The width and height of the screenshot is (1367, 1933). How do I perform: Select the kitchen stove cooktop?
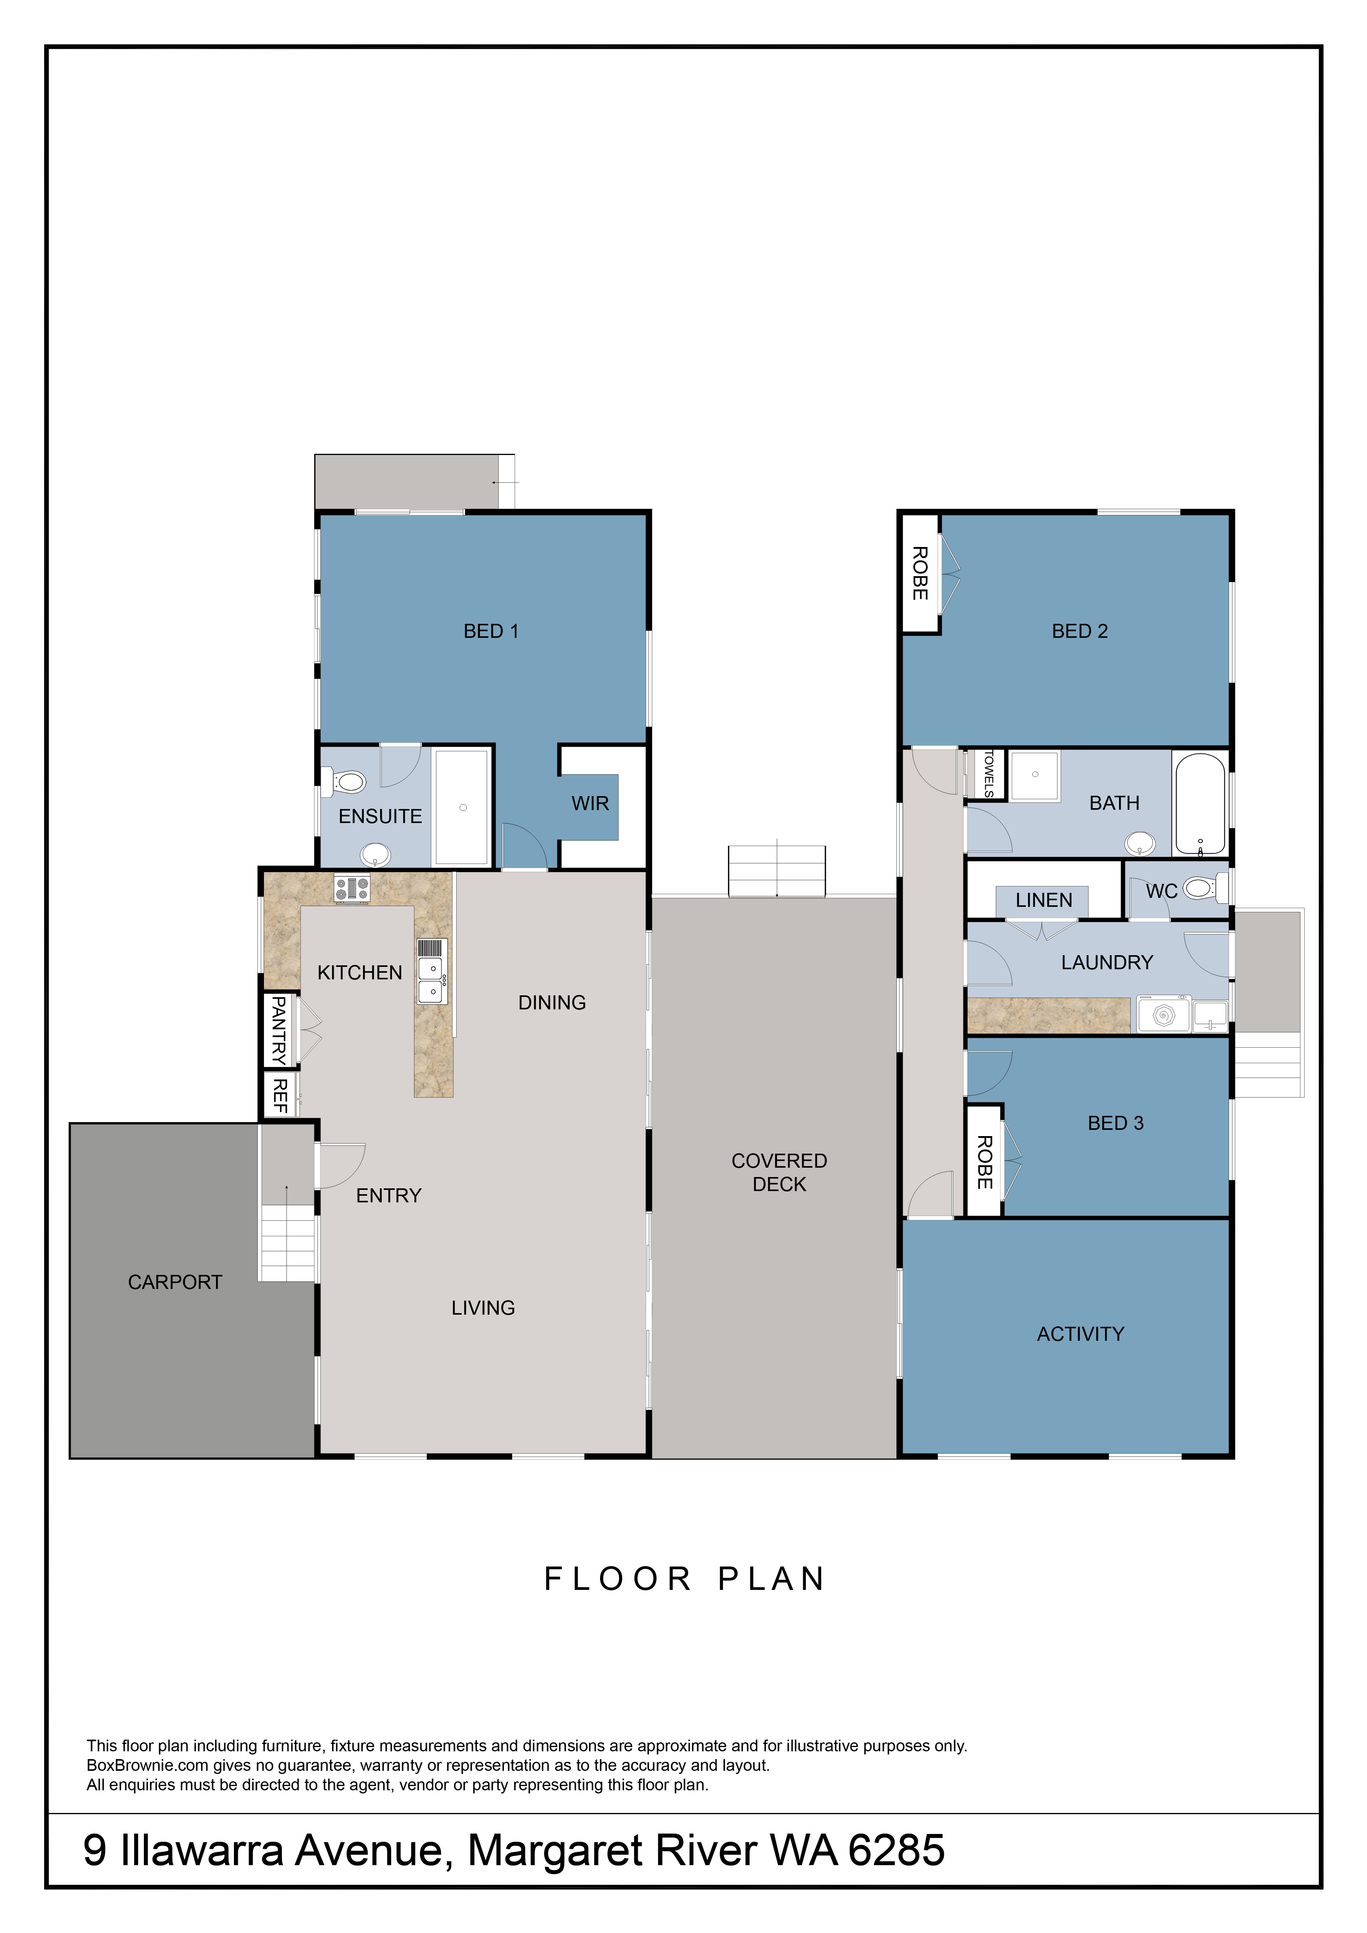(352, 888)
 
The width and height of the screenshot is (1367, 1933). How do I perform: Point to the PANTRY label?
(279, 1030)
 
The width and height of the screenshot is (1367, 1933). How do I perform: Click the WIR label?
(590, 803)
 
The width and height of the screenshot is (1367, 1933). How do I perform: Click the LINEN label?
(1044, 900)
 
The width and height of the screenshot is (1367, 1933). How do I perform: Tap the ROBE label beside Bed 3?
(984, 1162)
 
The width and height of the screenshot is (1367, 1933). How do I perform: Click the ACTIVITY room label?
(1081, 1334)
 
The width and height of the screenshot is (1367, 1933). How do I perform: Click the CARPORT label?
(175, 1282)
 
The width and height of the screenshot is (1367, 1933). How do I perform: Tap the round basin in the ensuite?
(375, 855)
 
